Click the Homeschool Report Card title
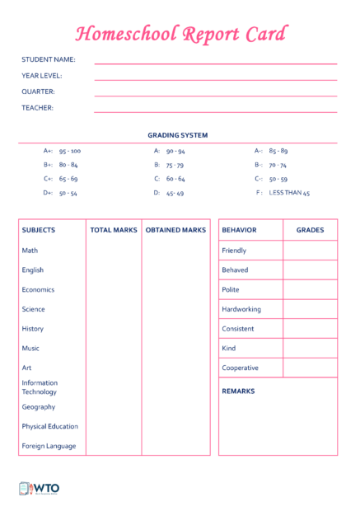[x=180, y=34]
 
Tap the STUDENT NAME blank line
[x=215, y=63]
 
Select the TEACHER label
[x=37, y=107]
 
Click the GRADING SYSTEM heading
[x=177, y=135]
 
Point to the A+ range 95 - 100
[x=70, y=151]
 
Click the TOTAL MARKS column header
[x=114, y=230]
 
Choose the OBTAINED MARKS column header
[x=175, y=230]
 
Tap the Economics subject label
[x=38, y=289]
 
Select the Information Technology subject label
[x=40, y=387]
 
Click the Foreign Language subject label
[x=49, y=446]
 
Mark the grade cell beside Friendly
[x=310, y=251]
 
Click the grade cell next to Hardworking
[x=310, y=309]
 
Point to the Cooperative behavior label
[x=240, y=368]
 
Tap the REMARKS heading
[x=238, y=391]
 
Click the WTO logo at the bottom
[x=39, y=489]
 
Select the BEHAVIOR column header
[x=239, y=230]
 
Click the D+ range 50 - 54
[x=68, y=193]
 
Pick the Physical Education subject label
[x=50, y=426]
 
